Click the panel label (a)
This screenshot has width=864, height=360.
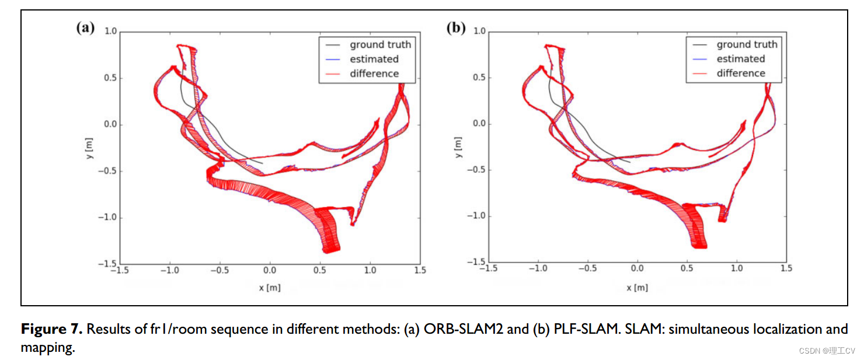85,29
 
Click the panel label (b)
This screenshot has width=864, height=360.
455,29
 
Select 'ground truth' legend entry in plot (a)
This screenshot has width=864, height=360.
380,44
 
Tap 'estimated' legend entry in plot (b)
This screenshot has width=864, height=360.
740,59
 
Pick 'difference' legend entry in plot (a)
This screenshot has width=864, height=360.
374,74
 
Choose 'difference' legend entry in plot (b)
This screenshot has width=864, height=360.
740,74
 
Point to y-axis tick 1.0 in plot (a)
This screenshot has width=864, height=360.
110,32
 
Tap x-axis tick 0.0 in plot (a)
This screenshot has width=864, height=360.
269,271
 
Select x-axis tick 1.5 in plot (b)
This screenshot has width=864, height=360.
786,268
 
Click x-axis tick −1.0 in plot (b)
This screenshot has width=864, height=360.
538,268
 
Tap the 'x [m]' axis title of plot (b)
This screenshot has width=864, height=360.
637,288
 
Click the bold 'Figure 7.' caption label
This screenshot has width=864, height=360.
52,329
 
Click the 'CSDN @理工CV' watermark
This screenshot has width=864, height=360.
827,351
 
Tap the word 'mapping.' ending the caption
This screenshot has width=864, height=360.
48,348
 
